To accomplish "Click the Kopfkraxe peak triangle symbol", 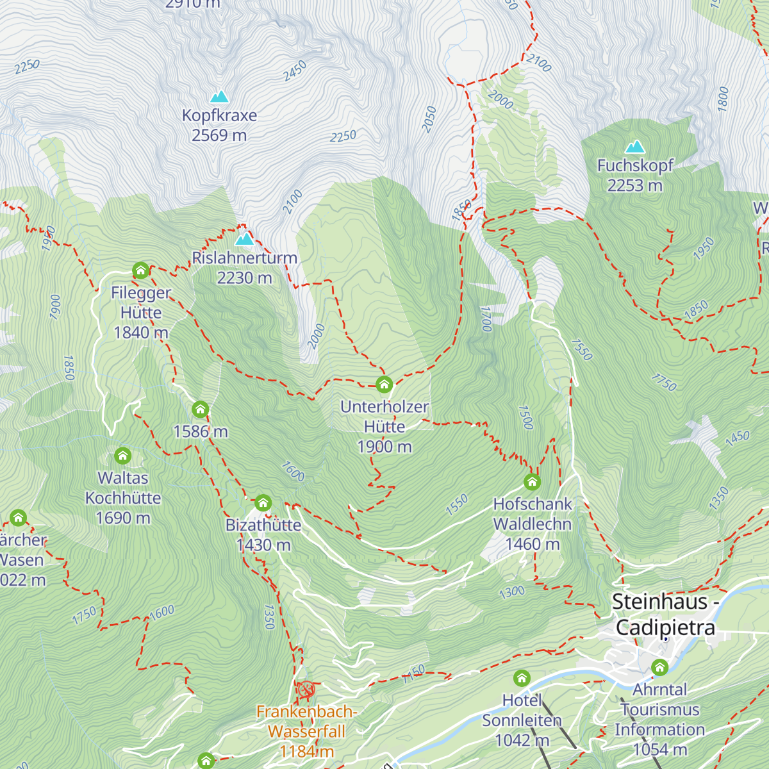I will pos(220,97).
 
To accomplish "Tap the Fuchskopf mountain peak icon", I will pos(635,147).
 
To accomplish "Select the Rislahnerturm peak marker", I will pos(244,239).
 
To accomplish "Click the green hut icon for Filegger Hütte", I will pos(140,270).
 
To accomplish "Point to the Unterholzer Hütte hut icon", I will pos(384,384).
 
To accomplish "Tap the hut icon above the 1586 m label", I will pos(200,409).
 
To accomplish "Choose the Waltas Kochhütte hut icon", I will pos(122,456).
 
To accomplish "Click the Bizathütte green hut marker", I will pos(263,502).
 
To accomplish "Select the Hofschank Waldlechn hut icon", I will pos(532,482).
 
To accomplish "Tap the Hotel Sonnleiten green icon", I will pos(522,678).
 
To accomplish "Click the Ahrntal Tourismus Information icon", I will pos(659,668).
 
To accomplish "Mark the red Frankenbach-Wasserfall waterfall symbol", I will pos(306,690).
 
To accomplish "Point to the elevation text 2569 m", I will pos(219,135).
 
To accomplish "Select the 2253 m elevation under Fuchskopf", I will pos(634,185).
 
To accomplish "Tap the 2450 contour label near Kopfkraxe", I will pos(295,71).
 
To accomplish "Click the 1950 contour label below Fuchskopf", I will pos(703,249).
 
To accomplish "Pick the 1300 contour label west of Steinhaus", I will pos(511,591).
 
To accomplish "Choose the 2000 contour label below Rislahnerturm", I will pos(316,336).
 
